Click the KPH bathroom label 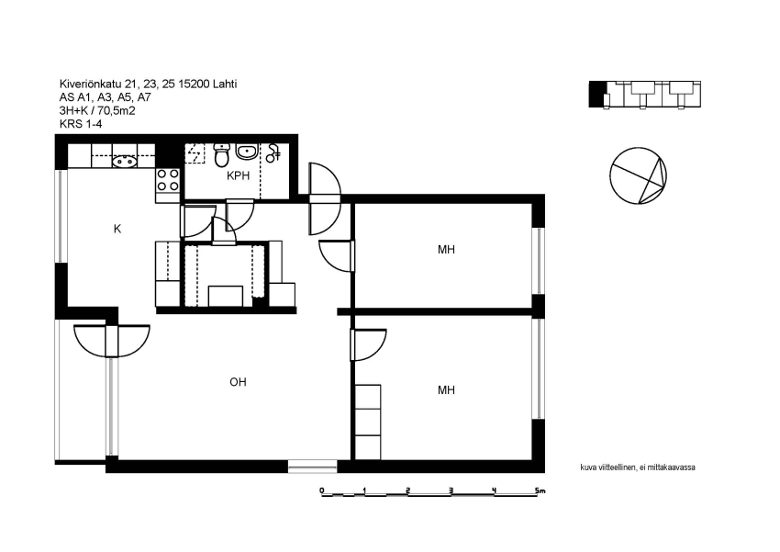click(x=238, y=175)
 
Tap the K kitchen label click(x=117, y=229)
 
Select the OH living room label click(x=238, y=382)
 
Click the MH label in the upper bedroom click(x=446, y=250)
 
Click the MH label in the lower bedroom click(x=446, y=390)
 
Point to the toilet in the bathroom click(x=222, y=155)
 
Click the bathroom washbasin click(x=246, y=152)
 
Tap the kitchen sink click(x=125, y=161)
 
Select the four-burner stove click(x=168, y=180)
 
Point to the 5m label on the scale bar click(x=540, y=490)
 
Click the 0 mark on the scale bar click(x=322, y=490)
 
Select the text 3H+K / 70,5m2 click(x=97, y=110)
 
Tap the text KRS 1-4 click(x=81, y=124)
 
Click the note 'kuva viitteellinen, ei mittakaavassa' click(x=638, y=468)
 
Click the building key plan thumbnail click(x=645, y=94)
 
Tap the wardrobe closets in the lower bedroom click(x=368, y=422)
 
